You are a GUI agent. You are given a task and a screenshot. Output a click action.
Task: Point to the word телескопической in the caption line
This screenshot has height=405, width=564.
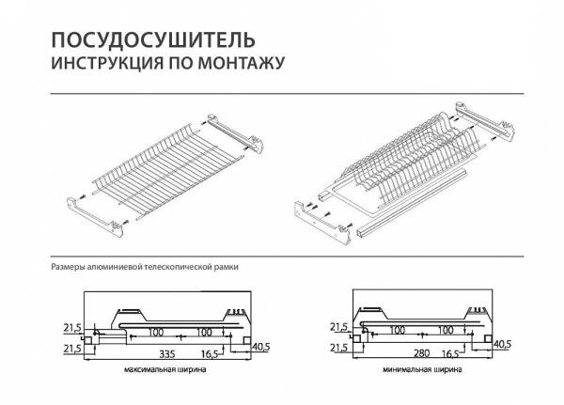180,267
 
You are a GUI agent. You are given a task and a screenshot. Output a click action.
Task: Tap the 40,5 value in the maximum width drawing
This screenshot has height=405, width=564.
263,346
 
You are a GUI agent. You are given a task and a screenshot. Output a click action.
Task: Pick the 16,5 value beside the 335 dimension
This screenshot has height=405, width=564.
209,353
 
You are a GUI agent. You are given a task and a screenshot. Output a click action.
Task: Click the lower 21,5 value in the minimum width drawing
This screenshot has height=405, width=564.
337,349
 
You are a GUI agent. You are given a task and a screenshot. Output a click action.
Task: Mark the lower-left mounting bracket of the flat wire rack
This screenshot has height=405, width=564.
98,211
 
